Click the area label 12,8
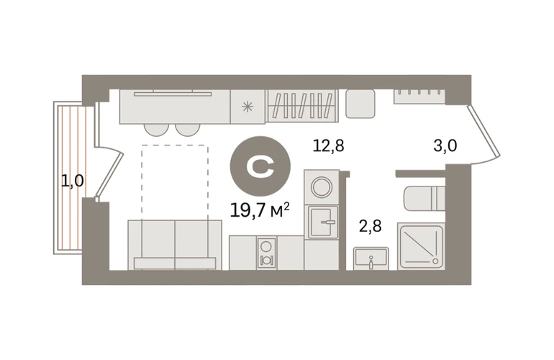[328, 145]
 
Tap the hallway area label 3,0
[445, 145]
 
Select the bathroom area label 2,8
[371, 226]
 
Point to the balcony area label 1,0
[73, 181]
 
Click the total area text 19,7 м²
[260, 210]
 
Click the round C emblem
[260, 166]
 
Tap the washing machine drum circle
[322, 186]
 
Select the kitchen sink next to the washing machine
[323, 222]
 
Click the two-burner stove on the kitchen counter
[266, 253]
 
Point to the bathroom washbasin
[371, 258]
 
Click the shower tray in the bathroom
[421, 246]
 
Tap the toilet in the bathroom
[424, 199]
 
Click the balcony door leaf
[109, 174]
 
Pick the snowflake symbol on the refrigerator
[248, 107]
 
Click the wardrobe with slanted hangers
[302, 106]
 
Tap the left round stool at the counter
[157, 130]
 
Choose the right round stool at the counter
[188, 130]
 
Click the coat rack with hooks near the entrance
[419, 96]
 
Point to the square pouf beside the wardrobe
[360, 104]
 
